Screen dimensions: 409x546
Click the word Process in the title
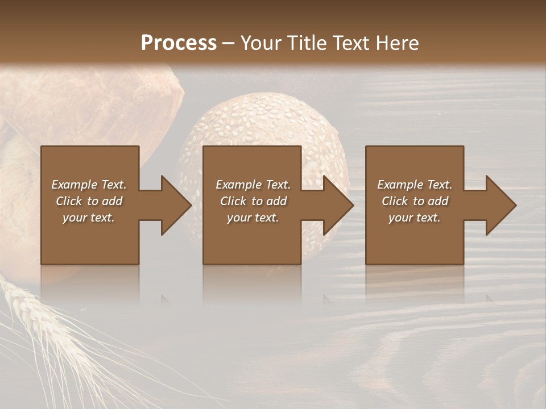point(179,43)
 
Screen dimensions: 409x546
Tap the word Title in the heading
point(305,43)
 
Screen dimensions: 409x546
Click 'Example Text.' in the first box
point(89,185)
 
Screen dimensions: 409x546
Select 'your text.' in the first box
point(89,218)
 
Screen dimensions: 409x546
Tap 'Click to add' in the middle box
point(253,201)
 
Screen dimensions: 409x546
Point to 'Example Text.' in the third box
point(415,185)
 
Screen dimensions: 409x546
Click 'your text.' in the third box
point(415,218)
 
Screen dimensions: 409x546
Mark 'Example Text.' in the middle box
point(253,185)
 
